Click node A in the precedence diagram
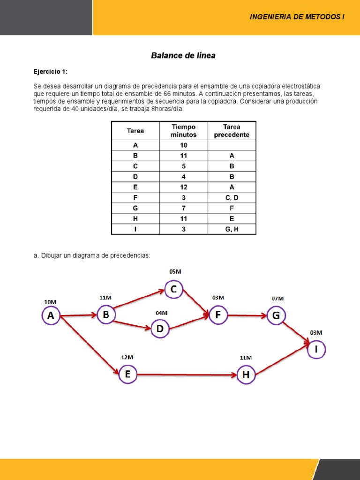[51, 315]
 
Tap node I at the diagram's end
[316, 349]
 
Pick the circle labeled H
[246, 375]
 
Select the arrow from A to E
[89, 345]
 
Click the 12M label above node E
[127, 357]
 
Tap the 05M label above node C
[175, 271]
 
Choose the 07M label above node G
[278, 298]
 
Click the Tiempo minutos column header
[183, 131]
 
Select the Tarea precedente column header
[232, 131]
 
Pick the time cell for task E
[183, 187]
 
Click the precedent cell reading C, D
[232, 197]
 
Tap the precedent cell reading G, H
[232, 229]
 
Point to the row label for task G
[135, 208]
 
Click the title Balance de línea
[183, 55]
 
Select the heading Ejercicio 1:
[50, 72]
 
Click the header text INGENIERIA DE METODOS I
[297, 17]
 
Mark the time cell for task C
[183, 166]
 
